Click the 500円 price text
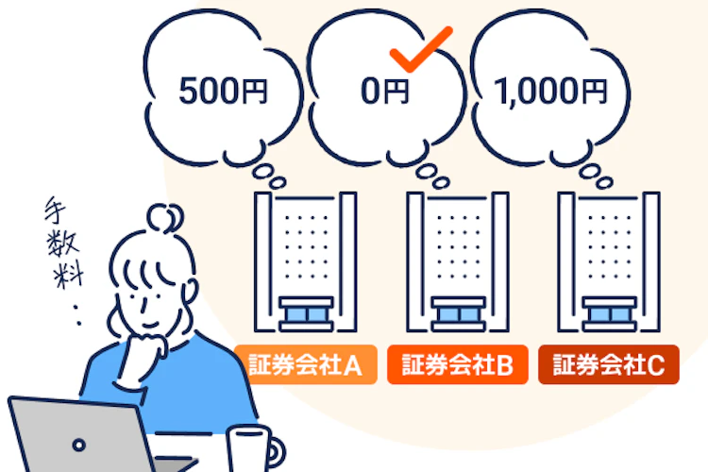tap(223, 91)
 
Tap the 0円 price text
tap(384, 91)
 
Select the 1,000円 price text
tap(550, 92)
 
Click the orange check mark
tap(420, 49)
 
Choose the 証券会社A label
tap(306, 364)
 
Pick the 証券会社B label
tap(458, 364)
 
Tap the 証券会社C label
tap(609, 364)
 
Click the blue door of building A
tap(306, 314)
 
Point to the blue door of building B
tap(458, 314)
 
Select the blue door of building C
tap(610, 314)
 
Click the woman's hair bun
tap(165, 218)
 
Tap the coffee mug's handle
tap(276, 452)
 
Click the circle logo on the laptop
tap(79, 445)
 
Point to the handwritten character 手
tap(55, 209)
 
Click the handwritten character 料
tap(68, 274)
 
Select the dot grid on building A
tap(306, 246)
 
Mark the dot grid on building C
tap(610, 246)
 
